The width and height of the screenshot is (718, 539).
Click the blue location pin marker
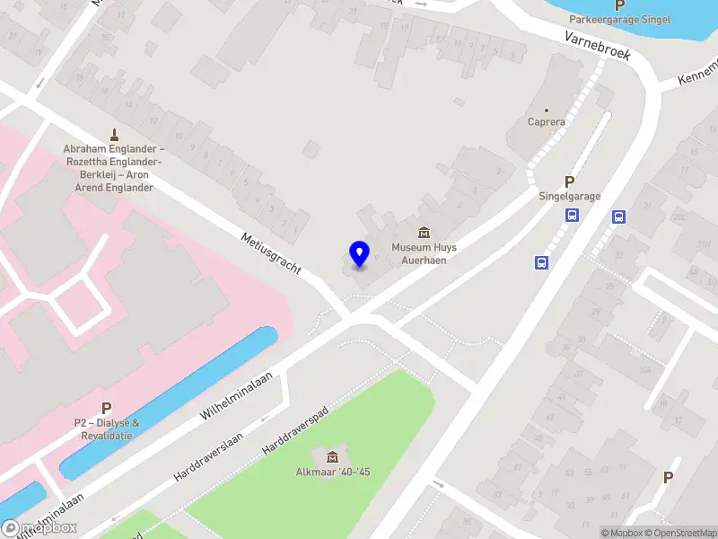pyautogui.click(x=360, y=253)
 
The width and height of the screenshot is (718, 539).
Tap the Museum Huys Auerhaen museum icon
pyautogui.click(x=425, y=233)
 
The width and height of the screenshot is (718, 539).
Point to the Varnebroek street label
pyautogui.click(x=598, y=46)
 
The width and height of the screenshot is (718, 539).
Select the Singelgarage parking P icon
pyautogui.click(x=569, y=181)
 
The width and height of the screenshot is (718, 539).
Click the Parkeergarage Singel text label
pyautogui.click(x=619, y=20)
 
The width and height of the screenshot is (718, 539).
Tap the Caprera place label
pyautogui.click(x=546, y=122)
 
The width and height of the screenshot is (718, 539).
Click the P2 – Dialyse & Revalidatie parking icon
pyautogui.click(x=107, y=408)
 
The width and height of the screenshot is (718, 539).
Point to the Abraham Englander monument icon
pyautogui.click(x=114, y=134)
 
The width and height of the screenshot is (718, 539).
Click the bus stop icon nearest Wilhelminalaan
pyautogui.click(x=542, y=262)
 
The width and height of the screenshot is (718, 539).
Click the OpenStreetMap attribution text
pyautogui.click(x=679, y=533)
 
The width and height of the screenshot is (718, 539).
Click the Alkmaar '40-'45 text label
pyautogui.click(x=333, y=473)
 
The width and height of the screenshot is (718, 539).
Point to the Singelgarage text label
pyautogui.click(x=569, y=197)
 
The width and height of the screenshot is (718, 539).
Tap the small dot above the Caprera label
pyautogui.click(x=546, y=110)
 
